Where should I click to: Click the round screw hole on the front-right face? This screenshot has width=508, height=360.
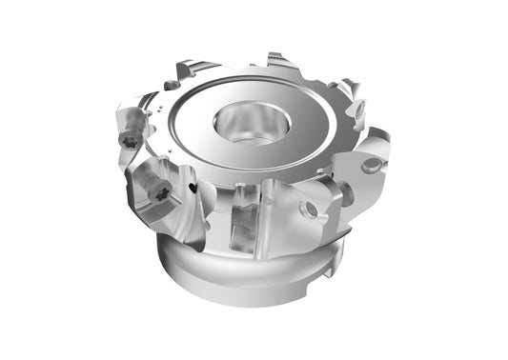click(x=308, y=209)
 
